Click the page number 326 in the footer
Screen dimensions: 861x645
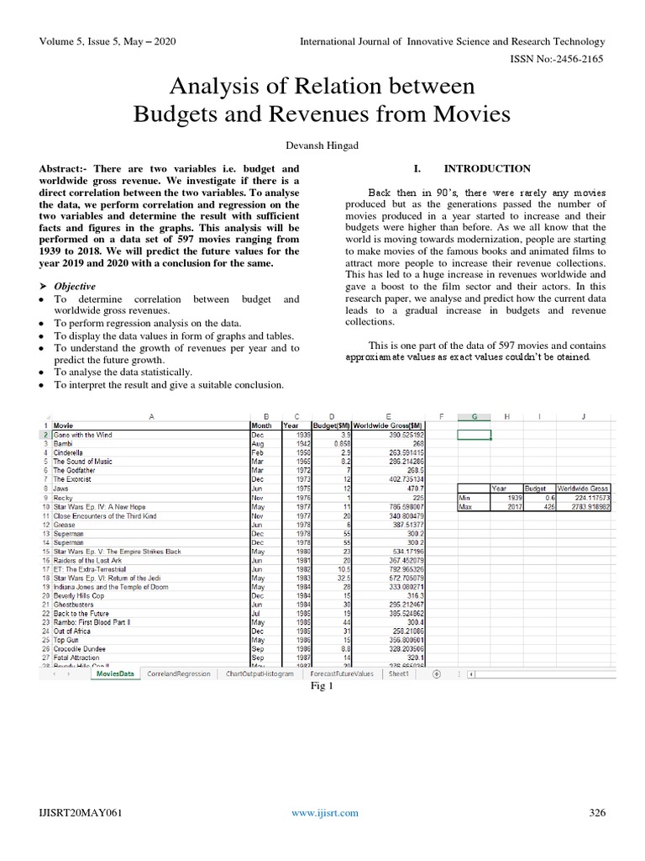point(596,812)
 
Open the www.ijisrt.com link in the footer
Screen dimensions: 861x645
point(324,812)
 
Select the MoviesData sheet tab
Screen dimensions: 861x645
point(114,673)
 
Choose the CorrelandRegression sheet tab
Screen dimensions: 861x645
point(178,673)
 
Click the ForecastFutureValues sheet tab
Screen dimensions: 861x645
point(341,673)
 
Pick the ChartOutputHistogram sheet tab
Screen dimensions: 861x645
point(260,673)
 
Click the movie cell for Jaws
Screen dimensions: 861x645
point(61,487)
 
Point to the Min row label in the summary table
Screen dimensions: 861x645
point(464,496)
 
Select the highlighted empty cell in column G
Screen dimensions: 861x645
point(475,434)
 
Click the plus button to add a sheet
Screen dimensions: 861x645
point(437,673)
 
